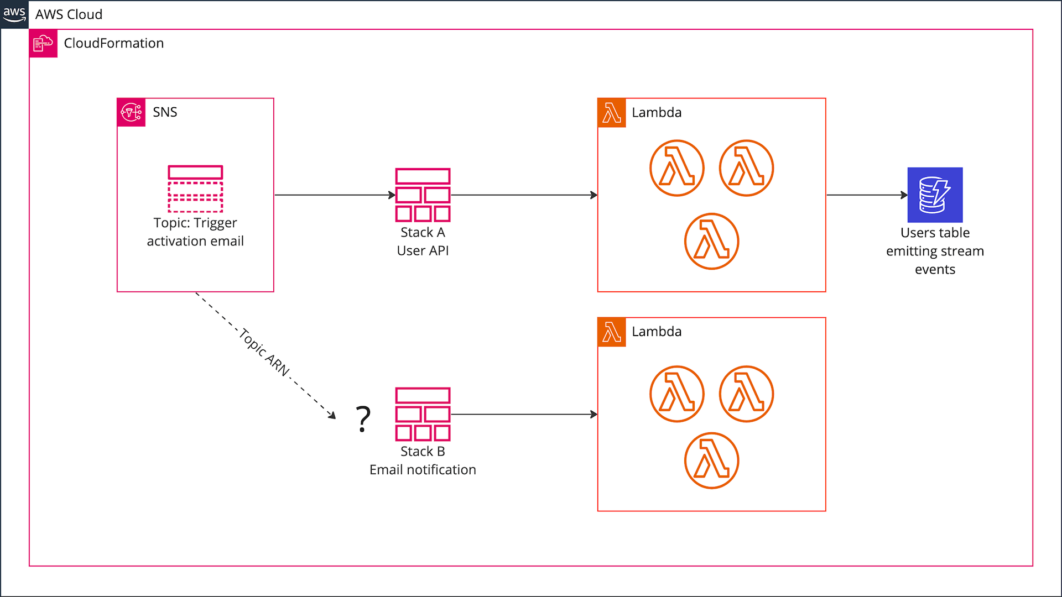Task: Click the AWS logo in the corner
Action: (x=14, y=14)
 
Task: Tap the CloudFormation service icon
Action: (x=43, y=43)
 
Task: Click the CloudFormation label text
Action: (x=113, y=43)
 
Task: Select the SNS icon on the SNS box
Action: (x=131, y=112)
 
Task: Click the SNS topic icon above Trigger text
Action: (x=195, y=188)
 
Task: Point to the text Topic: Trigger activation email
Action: (x=195, y=232)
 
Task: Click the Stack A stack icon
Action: (x=423, y=195)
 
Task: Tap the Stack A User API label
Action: (x=423, y=242)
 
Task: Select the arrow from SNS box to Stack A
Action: (x=334, y=195)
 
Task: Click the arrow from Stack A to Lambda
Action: (x=523, y=195)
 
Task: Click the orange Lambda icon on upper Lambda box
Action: (x=612, y=113)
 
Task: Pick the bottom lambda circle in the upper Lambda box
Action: (x=711, y=241)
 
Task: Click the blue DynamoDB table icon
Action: (x=935, y=195)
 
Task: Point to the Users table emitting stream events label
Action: (x=935, y=251)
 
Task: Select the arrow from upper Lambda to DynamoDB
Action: (x=866, y=195)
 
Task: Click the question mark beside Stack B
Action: (x=363, y=419)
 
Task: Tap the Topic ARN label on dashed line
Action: (x=265, y=352)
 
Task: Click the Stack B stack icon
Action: (x=423, y=414)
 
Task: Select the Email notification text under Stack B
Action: (x=423, y=469)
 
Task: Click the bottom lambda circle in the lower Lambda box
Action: (x=711, y=460)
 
